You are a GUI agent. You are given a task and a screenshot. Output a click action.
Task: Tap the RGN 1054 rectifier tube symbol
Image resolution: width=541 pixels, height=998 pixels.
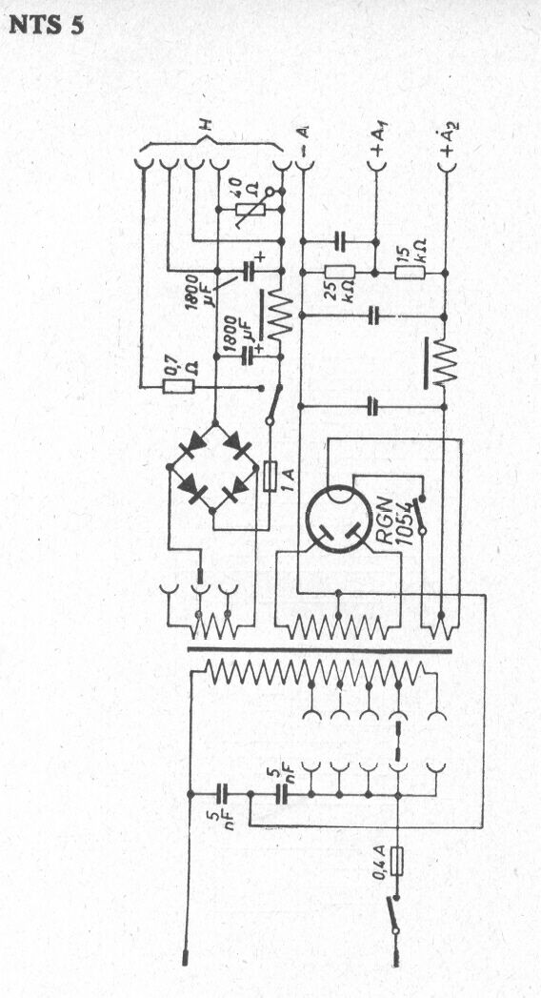pyautogui.click(x=339, y=519)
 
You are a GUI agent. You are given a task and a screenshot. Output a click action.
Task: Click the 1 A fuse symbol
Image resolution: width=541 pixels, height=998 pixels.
pyautogui.click(x=270, y=476)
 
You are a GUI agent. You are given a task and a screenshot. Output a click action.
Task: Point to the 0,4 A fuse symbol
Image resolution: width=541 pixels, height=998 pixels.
pyautogui.click(x=397, y=863)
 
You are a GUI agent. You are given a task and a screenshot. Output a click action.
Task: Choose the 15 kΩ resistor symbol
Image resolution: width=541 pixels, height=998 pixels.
pyautogui.click(x=411, y=273)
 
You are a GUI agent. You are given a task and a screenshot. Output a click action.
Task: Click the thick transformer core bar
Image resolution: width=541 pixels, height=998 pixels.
pyautogui.click(x=319, y=650)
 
